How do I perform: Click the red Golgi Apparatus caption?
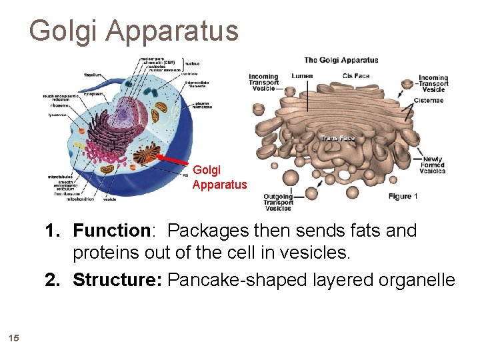(219, 177)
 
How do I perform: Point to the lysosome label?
(53, 114)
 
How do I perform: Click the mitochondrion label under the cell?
(83, 199)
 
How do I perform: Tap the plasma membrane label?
(202, 106)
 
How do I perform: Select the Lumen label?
(301, 76)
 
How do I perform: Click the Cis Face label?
(356, 76)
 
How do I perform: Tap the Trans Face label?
(337, 139)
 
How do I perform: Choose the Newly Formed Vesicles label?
(433, 165)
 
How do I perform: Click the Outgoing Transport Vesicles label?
(278, 202)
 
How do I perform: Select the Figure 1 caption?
(403, 196)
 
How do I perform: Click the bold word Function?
(111, 231)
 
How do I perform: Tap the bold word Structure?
(117, 279)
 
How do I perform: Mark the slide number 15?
(15, 339)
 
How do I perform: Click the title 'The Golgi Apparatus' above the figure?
(341, 60)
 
